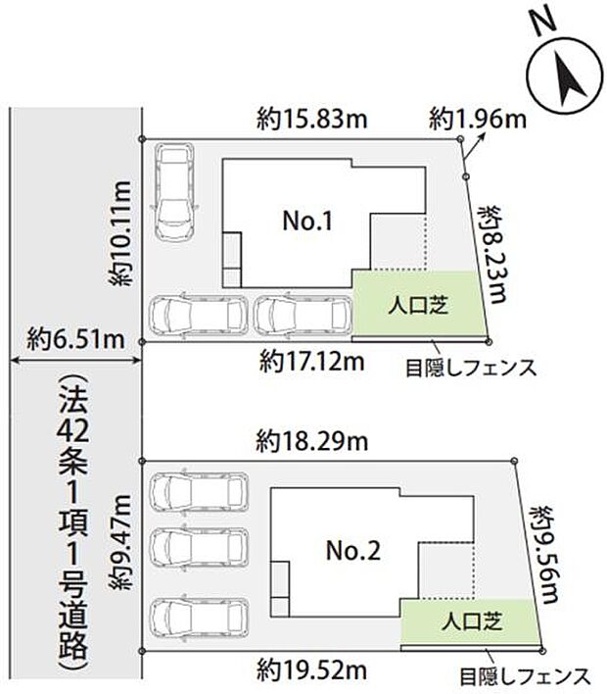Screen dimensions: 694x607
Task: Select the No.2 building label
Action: [x=352, y=551]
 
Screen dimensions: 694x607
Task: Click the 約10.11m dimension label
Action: [x=122, y=233]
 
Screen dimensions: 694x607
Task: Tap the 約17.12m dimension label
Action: [x=312, y=363]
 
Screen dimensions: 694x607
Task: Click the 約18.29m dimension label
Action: [x=313, y=442]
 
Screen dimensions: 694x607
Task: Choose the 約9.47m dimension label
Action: [x=122, y=554]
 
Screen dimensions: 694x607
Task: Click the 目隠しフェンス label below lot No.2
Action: [x=525, y=675]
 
